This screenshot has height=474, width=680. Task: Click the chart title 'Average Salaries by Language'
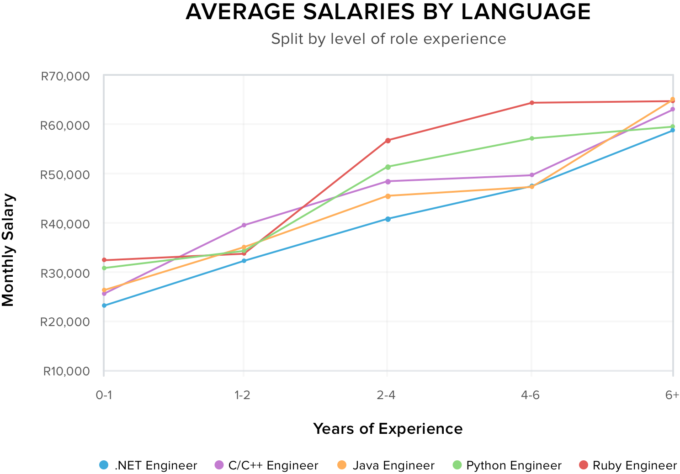(388, 12)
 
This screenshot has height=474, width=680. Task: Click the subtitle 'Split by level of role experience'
(388, 39)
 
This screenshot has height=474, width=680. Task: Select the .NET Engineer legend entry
(149, 465)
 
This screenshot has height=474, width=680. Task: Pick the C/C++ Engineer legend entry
(266, 465)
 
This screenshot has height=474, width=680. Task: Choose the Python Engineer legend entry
(507, 465)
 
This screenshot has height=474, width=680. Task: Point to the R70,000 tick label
(65, 76)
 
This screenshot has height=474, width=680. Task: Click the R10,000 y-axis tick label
(66, 371)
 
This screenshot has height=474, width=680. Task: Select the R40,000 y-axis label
(65, 224)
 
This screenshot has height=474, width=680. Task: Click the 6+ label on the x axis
(672, 395)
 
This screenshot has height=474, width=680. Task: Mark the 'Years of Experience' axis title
(388, 429)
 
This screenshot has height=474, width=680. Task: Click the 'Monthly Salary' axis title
(8, 250)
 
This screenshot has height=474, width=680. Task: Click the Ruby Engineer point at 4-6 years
(531, 103)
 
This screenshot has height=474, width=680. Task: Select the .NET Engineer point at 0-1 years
(104, 305)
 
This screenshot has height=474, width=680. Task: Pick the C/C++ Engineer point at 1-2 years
(244, 225)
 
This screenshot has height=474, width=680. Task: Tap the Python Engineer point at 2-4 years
(388, 167)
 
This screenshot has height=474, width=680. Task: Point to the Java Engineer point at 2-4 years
(388, 196)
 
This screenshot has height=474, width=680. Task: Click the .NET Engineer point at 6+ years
(672, 130)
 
